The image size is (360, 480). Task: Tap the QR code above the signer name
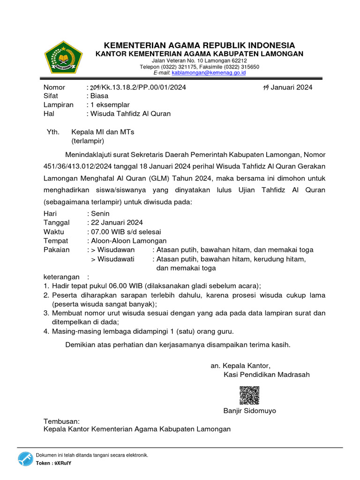249,395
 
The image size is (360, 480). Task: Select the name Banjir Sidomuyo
250,411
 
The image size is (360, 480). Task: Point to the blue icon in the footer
25,459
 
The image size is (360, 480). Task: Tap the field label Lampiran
59,105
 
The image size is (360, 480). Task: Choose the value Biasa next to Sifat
99,96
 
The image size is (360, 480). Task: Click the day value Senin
100,213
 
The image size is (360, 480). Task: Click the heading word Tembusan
62,421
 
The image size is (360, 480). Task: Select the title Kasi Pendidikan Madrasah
267,375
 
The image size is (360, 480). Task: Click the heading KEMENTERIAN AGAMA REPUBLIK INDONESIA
199,45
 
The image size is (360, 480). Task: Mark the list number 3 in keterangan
46,313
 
